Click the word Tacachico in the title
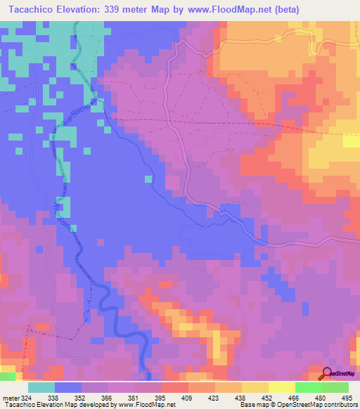click(x=34, y=9)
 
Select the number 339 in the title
click(x=123, y=9)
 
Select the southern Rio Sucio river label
click(x=59, y=212)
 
